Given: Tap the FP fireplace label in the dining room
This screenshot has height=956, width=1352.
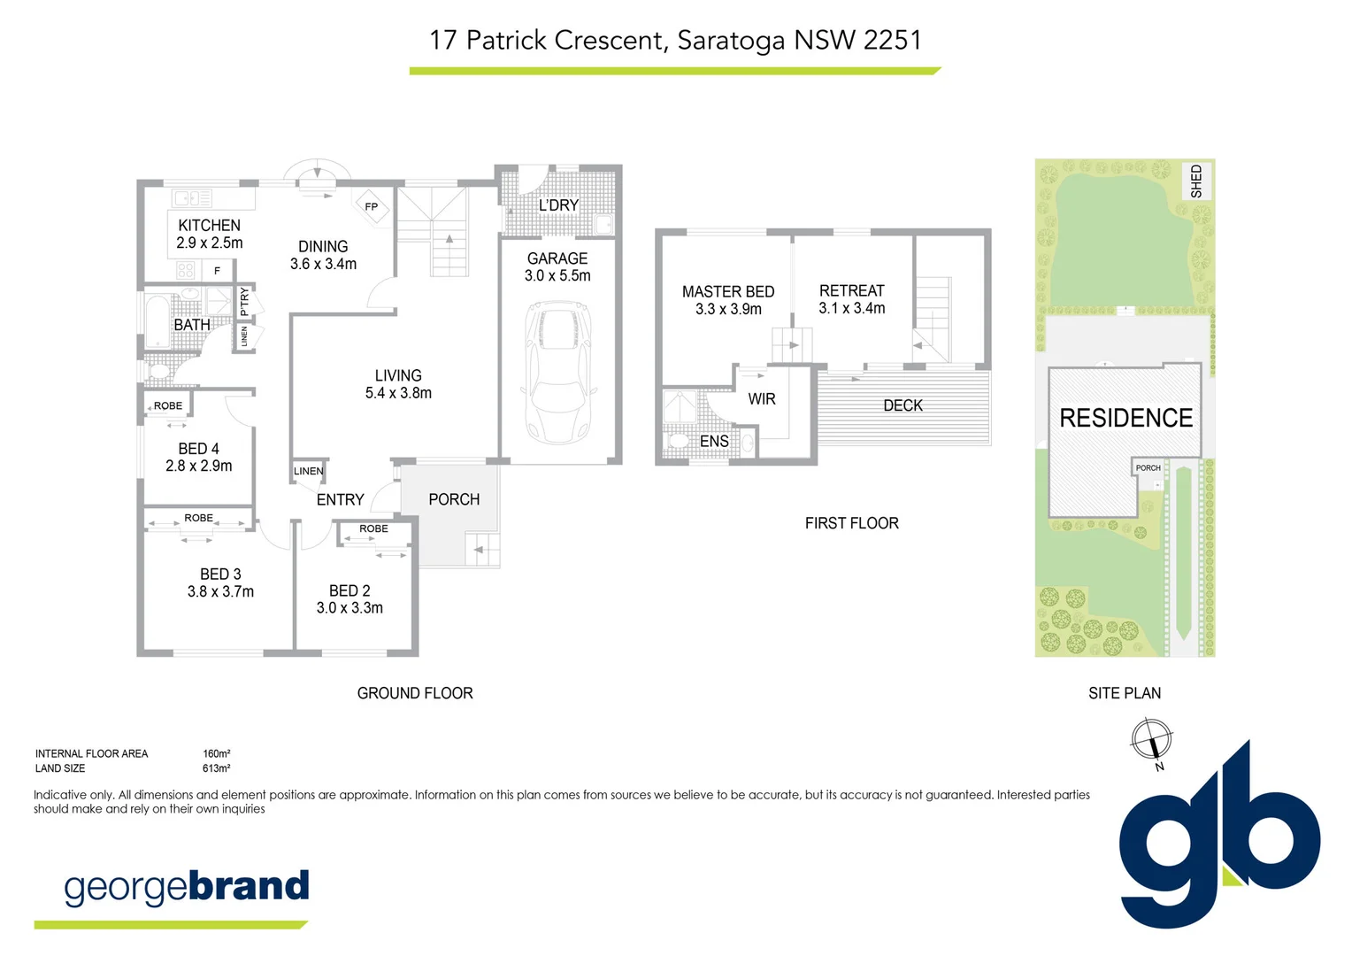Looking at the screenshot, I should [x=372, y=207].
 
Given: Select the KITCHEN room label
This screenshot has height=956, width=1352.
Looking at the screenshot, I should [x=209, y=226].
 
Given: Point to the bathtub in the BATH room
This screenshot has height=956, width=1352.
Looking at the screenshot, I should [x=157, y=322].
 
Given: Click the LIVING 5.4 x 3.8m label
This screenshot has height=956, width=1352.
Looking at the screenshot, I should [x=398, y=384].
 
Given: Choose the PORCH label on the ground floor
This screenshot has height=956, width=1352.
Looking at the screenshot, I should [x=454, y=499].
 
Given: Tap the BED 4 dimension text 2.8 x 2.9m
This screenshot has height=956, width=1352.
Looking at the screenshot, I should [x=199, y=466].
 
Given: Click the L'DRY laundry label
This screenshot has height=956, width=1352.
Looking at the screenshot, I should [x=558, y=205].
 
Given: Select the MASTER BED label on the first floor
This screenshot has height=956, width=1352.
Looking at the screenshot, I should [x=728, y=291].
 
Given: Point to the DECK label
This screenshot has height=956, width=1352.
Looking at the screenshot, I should [x=903, y=405].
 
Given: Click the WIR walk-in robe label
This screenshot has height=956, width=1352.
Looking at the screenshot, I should [x=761, y=399].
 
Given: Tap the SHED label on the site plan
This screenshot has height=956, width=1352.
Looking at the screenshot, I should [x=1196, y=181].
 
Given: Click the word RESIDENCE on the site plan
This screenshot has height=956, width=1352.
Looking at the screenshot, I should [x=1125, y=418].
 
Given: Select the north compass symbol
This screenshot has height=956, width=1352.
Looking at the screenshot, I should [x=1151, y=739].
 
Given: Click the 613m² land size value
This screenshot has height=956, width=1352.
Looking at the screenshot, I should [x=216, y=768].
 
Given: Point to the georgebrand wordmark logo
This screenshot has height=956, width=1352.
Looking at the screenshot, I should [x=187, y=886].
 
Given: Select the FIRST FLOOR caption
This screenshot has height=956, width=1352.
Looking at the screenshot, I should [x=851, y=523].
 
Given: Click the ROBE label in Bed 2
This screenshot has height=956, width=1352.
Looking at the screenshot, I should [x=373, y=528].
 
